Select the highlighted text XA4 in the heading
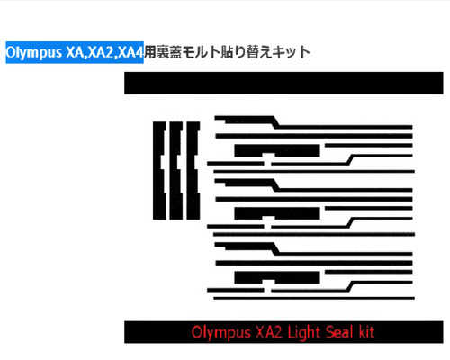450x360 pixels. (x=130, y=52)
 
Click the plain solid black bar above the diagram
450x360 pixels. (x=283, y=83)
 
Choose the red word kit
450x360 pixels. (x=366, y=332)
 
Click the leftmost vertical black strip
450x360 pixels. (x=159, y=171)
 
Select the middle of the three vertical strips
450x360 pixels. (x=176, y=171)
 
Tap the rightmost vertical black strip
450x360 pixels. (x=193, y=171)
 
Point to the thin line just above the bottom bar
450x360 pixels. (x=314, y=298)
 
